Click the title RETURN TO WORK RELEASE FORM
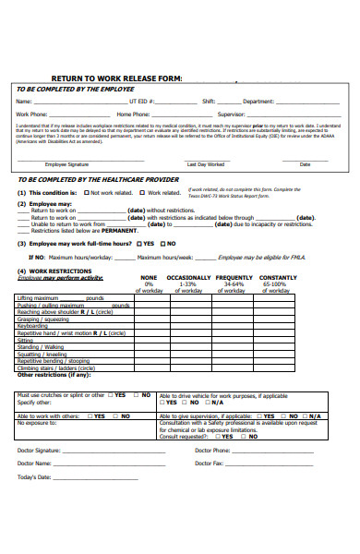coord(116,78)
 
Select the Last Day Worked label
coord(205,163)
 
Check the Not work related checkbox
coord(86,193)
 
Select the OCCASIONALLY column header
coord(188,277)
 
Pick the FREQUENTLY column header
coord(234,277)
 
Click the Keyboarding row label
coord(33,325)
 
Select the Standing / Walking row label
coord(42,346)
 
